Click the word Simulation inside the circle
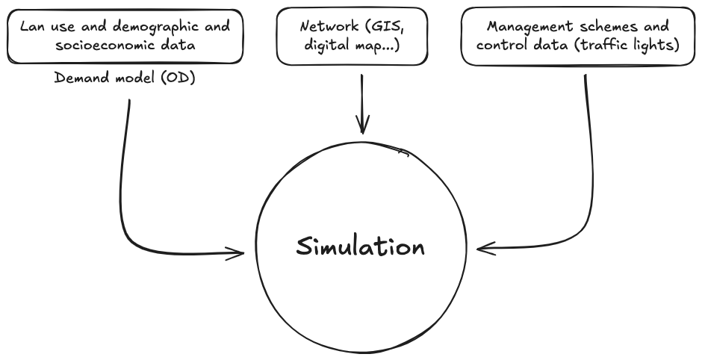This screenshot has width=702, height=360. [360, 247]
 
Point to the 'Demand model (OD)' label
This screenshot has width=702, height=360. [125, 77]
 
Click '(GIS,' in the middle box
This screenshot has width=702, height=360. [384, 27]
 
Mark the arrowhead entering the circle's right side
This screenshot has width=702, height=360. [481, 248]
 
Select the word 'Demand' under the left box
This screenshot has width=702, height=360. [79, 77]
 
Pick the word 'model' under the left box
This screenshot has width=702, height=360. [136, 77]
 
